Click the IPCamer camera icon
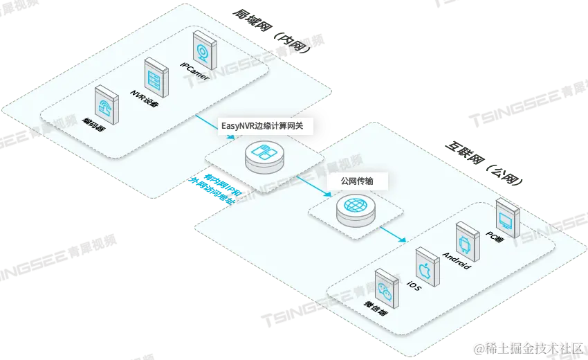point(203,48)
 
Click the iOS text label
point(413,285)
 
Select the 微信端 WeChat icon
point(385,287)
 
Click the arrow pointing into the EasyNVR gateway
point(210,125)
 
